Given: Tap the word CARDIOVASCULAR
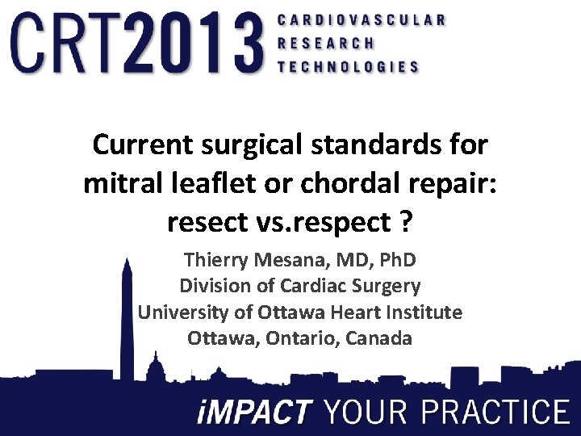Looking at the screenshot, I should point(361,19).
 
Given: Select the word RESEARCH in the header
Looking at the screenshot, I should point(326,43).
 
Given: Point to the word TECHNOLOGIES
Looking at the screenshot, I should point(348,67).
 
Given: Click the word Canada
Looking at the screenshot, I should point(378,337).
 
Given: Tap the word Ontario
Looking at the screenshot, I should point(304,337).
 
